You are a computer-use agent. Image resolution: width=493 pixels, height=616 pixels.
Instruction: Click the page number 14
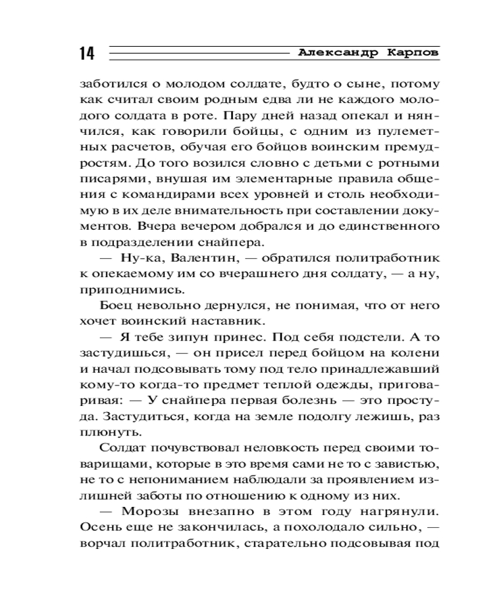click(87, 54)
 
